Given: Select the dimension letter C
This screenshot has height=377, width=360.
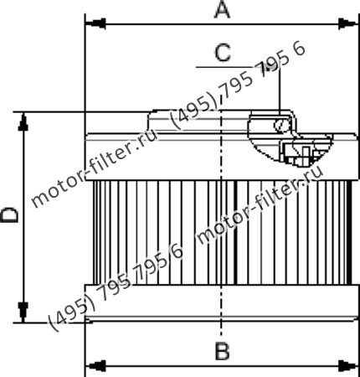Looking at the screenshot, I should [222, 53].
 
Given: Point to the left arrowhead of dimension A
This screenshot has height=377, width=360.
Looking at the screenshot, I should [93, 23].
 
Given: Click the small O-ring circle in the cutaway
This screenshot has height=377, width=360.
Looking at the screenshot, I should [281, 127].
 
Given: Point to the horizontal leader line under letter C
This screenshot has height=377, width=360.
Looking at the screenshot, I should [218, 65].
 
